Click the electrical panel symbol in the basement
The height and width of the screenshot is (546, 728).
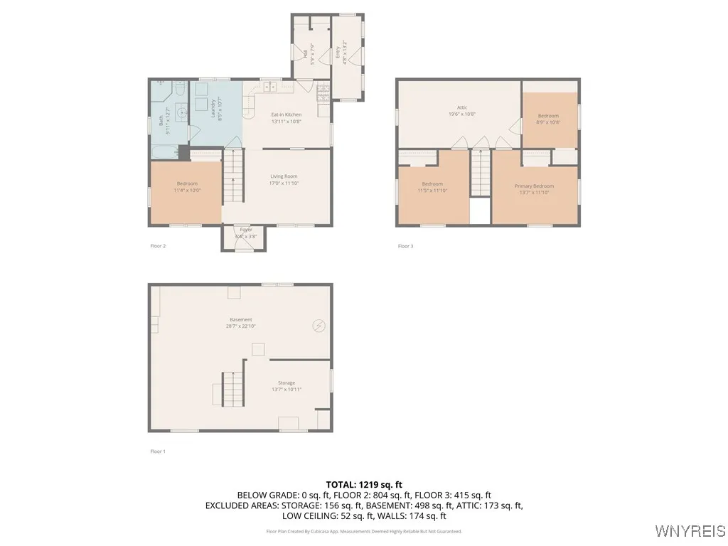[318, 326]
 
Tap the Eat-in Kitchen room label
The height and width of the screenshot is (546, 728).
[287, 117]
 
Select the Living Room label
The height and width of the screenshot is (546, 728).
[284, 179]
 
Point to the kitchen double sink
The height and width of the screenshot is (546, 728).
[270, 87]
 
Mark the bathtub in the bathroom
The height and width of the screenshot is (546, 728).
[164, 151]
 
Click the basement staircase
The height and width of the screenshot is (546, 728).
[233, 388]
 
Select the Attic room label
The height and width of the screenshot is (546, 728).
[461, 110]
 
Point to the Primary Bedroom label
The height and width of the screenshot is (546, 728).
[534, 189]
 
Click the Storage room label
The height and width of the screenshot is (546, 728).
[287, 386]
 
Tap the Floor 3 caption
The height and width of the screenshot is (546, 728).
[405, 247]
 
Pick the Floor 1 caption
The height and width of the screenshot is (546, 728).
[157, 451]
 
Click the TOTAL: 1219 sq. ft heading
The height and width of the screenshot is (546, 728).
[364, 484]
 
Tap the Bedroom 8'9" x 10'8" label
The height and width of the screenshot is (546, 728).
[548, 119]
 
